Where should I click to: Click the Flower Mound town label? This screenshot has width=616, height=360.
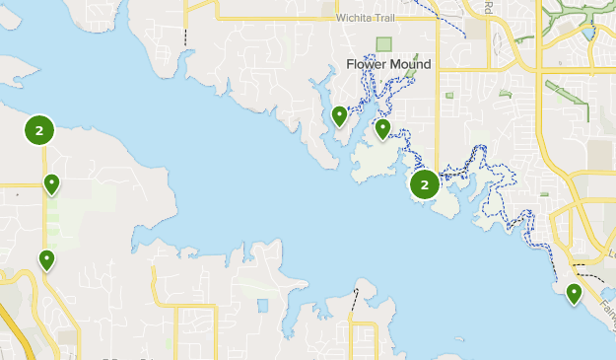tap(388, 64)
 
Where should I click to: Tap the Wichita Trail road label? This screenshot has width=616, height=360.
tap(365, 18)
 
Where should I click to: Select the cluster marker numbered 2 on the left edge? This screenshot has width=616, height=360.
tap(38, 129)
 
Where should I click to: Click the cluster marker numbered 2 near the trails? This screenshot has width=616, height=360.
tap(425, 184)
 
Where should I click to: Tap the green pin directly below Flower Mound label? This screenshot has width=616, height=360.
tap(383, 129)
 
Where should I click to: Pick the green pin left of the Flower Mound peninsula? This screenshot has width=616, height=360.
tap(340, 116)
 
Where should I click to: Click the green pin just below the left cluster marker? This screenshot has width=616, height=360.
tap(50, 183)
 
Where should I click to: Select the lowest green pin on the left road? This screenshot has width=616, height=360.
tap(46, 259)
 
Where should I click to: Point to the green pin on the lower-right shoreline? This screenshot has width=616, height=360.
tap(575, 292)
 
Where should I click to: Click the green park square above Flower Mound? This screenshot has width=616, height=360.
tap(383, 44)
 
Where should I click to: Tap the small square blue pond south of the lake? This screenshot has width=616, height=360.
tap(262, 305)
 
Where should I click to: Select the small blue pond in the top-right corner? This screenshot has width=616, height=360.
tap(589, 33)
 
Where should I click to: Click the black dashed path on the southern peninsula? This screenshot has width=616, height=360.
tap(355, 301)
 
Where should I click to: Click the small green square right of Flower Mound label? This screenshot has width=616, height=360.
tap(449, 96)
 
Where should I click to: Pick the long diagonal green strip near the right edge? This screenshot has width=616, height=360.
tap(566, 100)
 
